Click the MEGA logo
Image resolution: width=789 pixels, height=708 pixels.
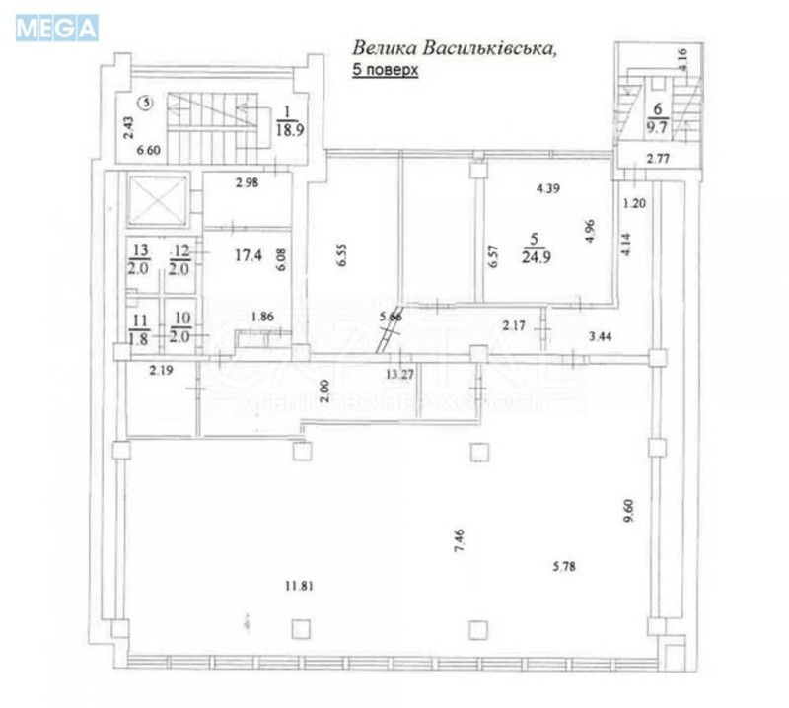point(57,29)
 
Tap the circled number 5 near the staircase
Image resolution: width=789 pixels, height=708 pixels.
point(145,101)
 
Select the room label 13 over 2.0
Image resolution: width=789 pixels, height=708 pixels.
point(140,259)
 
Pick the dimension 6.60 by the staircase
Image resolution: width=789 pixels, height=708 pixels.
point(146,151)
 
